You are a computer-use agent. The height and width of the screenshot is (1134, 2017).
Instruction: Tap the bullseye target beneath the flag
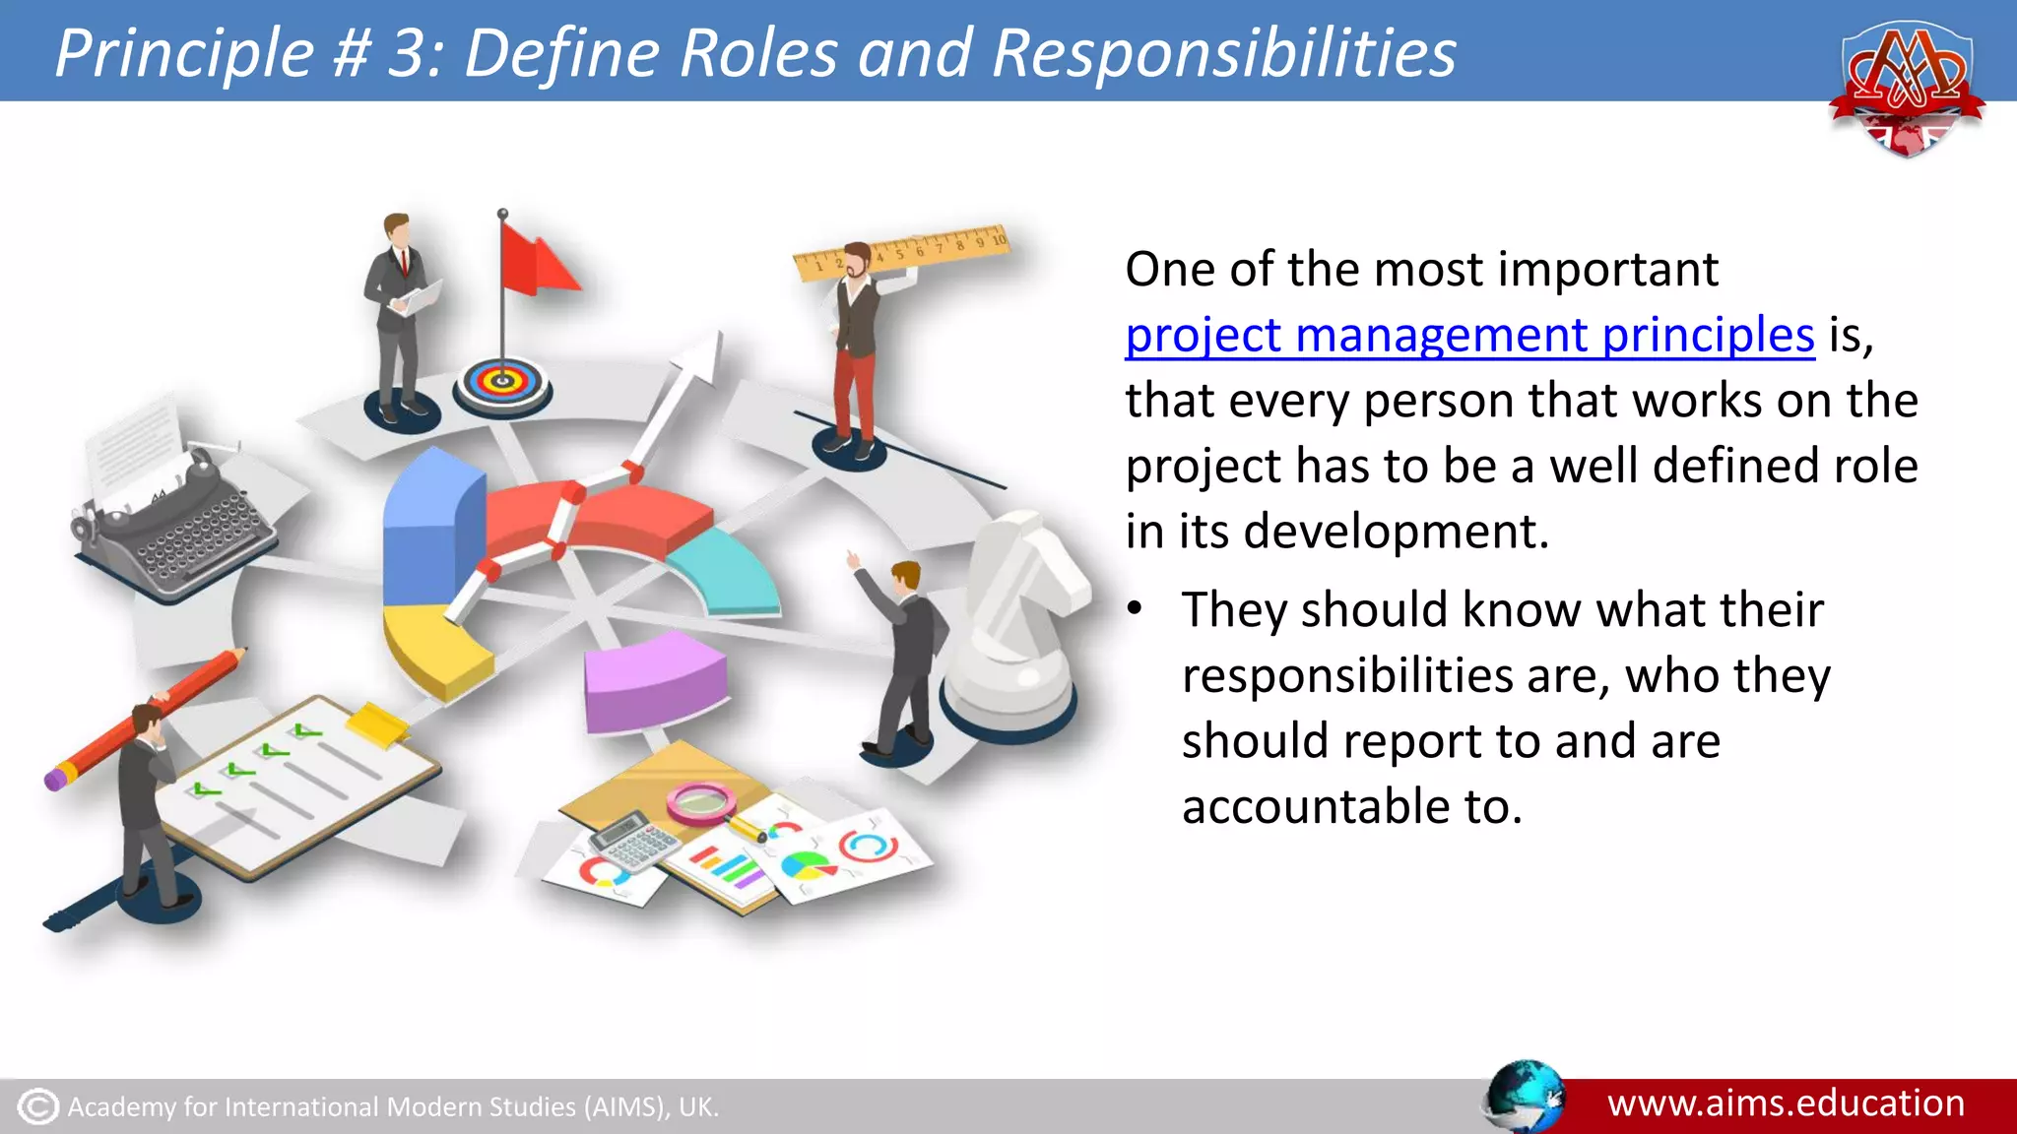pos(502,381)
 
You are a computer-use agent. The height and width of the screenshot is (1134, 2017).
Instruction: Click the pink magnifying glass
pos(701,801)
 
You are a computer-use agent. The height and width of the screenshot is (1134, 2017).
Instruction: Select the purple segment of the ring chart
pos(655,679)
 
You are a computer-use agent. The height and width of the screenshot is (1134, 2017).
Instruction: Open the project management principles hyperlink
pos(1468,335)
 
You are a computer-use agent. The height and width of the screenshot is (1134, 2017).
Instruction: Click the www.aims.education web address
pos(1786,1103)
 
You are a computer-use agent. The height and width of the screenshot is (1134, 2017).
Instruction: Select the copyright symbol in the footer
pos(38,1106)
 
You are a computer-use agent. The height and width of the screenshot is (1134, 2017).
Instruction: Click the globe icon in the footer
pos(1524,1097)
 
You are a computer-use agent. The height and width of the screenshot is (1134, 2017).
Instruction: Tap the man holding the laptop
pos(399,315)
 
